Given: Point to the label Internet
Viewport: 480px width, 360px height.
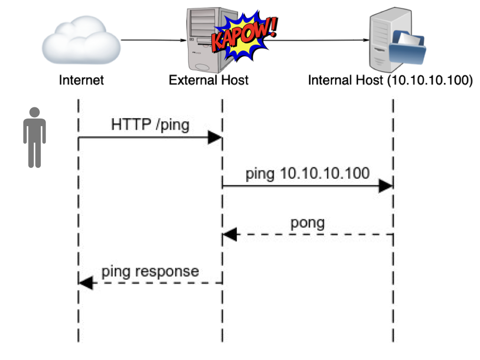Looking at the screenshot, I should [81, 80].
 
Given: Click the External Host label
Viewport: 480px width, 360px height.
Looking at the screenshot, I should [209, 80].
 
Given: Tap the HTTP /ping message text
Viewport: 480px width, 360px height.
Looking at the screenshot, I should [150, 125].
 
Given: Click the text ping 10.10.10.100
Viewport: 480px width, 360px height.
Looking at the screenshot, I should [307, 173].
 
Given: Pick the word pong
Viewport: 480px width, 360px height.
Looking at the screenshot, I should [307, 222].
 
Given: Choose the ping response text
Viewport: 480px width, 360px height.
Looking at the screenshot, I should [150, 271].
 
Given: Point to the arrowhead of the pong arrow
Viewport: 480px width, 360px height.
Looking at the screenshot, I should [229, 234].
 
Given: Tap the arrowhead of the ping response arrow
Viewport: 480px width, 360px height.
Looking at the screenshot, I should [86, 283].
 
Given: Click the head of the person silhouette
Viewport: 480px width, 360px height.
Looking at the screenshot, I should [35, 112].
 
